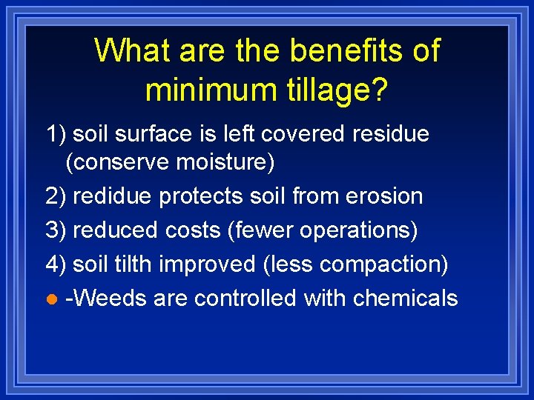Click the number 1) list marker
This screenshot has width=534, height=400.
point(56,134)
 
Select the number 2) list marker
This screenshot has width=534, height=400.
point(56,196)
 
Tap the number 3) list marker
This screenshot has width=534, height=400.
point(56,230)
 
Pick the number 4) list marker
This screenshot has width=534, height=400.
point(56,264)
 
